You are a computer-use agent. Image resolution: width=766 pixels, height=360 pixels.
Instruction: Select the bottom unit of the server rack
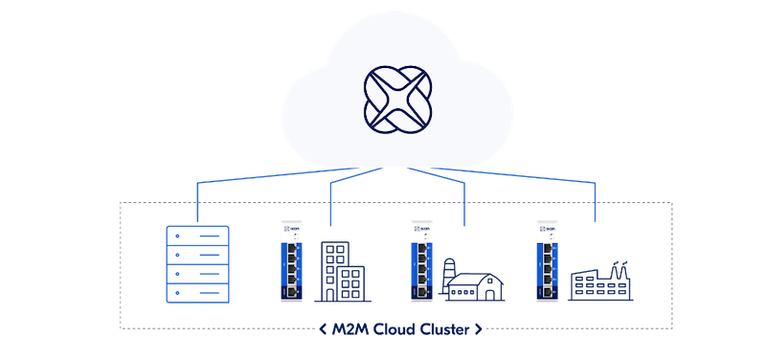197,292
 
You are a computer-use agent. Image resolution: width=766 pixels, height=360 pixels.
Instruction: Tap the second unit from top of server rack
197,254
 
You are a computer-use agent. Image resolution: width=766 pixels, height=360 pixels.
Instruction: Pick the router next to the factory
547,260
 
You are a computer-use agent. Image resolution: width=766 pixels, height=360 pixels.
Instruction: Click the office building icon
337,271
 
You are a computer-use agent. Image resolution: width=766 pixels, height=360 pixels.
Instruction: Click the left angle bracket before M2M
324,330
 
